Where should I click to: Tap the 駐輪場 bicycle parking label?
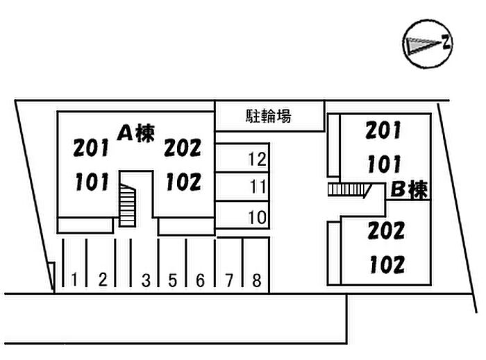(268, 116)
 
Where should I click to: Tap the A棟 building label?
(135, 132)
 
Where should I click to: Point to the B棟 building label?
(409, 189)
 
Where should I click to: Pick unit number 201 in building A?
(92, 148)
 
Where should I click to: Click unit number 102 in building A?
(184, 182)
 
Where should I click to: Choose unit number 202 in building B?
(385, 230)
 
